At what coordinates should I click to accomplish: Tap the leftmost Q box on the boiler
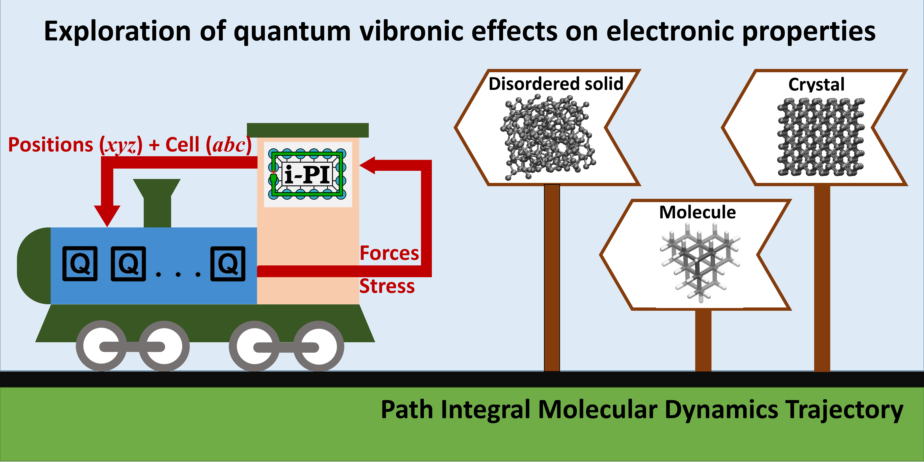pos(80,264)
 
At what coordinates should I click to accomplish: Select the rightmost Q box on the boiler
pos(228,264)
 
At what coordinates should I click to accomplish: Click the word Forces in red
pos(389,253)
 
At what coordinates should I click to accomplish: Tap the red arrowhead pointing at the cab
pos(368,165)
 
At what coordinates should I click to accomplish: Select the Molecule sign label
pos(697,212)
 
